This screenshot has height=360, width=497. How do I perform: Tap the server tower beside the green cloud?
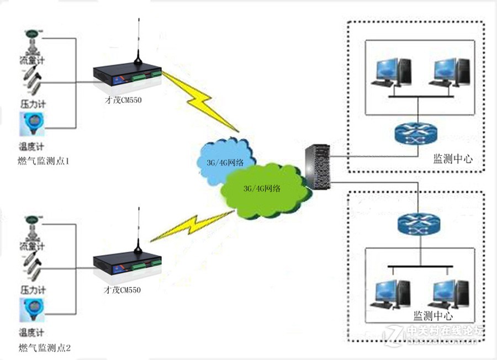coord(319,166)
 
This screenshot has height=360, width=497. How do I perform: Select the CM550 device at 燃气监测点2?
coord(127,264)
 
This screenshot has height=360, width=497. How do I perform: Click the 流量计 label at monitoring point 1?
coord(32,59)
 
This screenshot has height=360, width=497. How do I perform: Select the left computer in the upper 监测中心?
coord(392,72)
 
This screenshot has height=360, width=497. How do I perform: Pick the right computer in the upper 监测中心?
coord(451,72)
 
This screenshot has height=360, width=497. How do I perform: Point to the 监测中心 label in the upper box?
coord(452,159)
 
